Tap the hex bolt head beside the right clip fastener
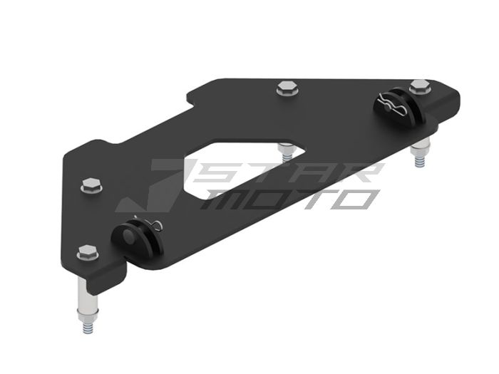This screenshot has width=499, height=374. (419, 85)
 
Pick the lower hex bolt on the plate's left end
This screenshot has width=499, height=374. (87, 251)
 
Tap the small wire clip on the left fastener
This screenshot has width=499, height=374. (155, 227)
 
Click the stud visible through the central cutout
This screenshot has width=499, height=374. (286, 152)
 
